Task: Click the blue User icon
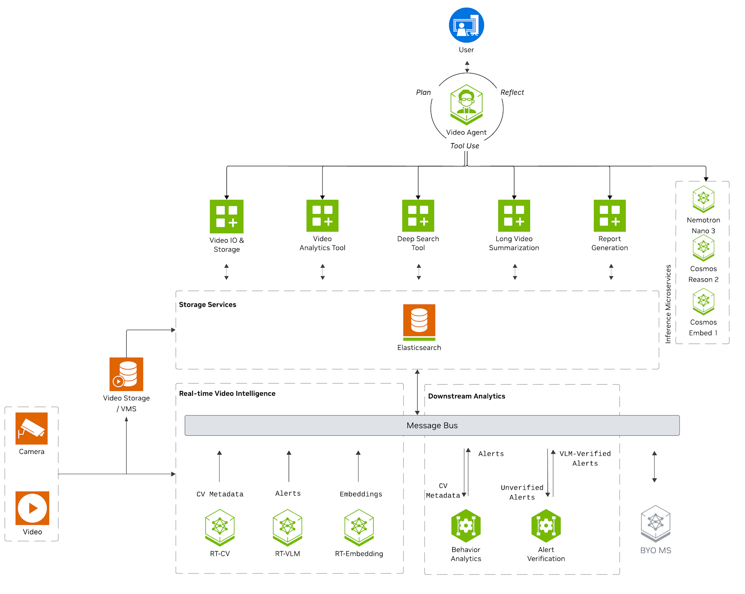point(466,25)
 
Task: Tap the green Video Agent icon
point(466,105)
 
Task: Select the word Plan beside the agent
point(423,92)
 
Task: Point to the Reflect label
point(512,92)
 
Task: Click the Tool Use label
point(465,146)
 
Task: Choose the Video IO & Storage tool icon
point(226,217)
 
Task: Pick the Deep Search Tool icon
point(418,216)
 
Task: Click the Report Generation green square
point(610,216)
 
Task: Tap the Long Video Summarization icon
point(514,216)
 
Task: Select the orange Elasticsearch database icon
point(419,322)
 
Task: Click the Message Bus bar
point(432,426)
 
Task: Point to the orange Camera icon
point(32,429)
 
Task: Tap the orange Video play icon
point(32,508)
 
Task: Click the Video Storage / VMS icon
point(126,374)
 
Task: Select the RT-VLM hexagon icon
point(288,528)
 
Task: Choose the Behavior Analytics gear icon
point(466,526)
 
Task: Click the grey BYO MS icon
point(656,524)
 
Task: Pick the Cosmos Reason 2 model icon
point(704,248)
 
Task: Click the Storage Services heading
point(207,305)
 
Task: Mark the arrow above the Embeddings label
point(358,466)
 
